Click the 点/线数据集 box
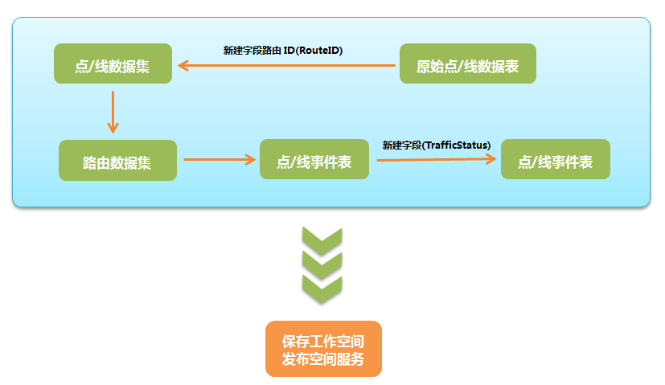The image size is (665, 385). coord(113,63)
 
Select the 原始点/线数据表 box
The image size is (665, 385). coord(467,63)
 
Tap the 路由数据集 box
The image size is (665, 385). coord(117,160)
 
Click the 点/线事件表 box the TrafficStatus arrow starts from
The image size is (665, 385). coord(314,160)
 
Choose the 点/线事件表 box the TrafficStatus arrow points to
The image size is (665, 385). coord(555,159)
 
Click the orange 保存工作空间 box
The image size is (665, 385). coord(323,349)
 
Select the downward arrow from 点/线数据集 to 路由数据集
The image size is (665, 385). coord(113,111)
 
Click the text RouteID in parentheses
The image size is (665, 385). coord(316,50)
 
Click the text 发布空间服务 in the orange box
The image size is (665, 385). coord(323,359)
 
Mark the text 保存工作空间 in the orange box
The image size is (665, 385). coord(323,340)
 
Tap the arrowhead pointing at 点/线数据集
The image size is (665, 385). coord(183,65)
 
